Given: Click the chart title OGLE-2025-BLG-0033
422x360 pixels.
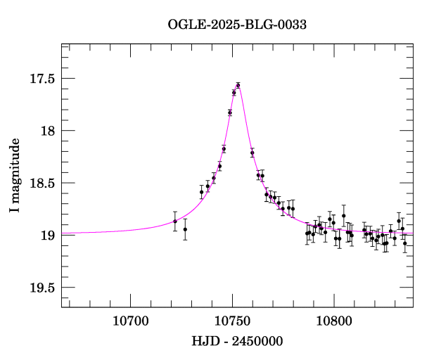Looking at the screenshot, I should (x=237, y=25).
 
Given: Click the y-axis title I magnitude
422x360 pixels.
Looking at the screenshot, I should (x=15, y=176).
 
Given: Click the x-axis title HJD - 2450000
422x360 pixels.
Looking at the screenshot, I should (x=237, y=342).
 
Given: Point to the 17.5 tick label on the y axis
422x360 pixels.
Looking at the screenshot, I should (x=41, y=79).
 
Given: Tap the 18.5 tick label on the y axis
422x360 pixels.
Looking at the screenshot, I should (x=41, y=183).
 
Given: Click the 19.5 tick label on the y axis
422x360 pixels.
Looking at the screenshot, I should (x=41, y=287).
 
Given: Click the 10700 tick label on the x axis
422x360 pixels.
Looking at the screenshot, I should (x=132, y=321).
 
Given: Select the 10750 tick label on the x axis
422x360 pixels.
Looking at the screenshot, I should (x=232, y=321).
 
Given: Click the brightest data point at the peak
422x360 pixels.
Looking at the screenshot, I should (x=238, y=86).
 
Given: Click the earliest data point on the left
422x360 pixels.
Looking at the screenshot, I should (x=175, y=221).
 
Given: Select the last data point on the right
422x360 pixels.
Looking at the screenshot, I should (x=405, y=243).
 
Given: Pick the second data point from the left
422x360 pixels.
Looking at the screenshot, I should (x=185, y=229).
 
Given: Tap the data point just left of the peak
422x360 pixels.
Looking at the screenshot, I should (x=234, y=92).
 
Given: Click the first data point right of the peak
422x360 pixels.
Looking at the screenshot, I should (x=252, y=153).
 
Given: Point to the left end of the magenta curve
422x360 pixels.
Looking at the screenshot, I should (x=63, y=233).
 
